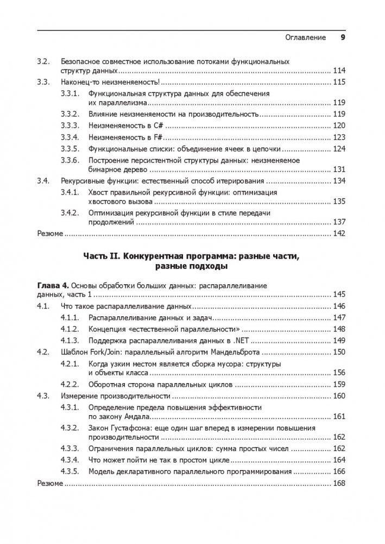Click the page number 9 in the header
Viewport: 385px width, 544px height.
point(343,37)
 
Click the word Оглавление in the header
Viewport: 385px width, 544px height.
point(305,37)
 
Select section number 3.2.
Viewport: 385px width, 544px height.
point(43,61)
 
